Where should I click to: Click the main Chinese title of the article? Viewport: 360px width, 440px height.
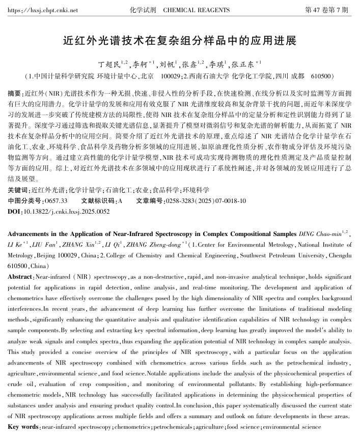coord(180,40)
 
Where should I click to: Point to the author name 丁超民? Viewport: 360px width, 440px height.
coord(109,64)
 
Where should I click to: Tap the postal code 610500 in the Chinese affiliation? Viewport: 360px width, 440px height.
coord(320,76)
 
